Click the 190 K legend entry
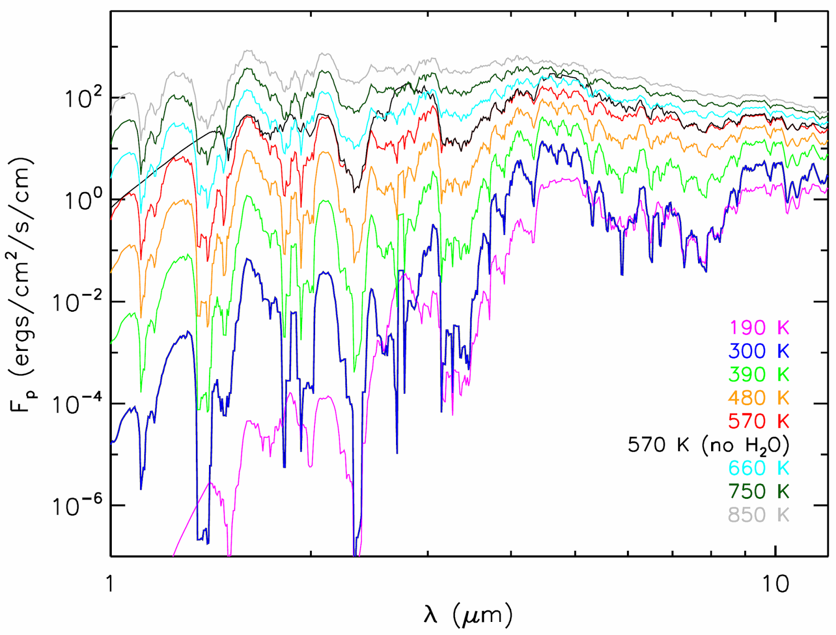click(x=759, y=328)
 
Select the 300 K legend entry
click(x=759, y=351)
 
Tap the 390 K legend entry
click(x=759, y=374)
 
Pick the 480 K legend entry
click(x=759, y=398)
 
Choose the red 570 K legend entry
click(x=759, y=421)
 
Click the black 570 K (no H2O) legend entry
click(x=708, y=445)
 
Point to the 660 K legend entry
click(x=759, y=468)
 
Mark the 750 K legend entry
click(x=759, y=491)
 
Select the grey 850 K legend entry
click(x=759, y=515)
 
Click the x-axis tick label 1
click(x=110, y=583)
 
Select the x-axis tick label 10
click(x=775, y=583)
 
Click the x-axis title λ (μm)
click(x=468, y=615)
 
